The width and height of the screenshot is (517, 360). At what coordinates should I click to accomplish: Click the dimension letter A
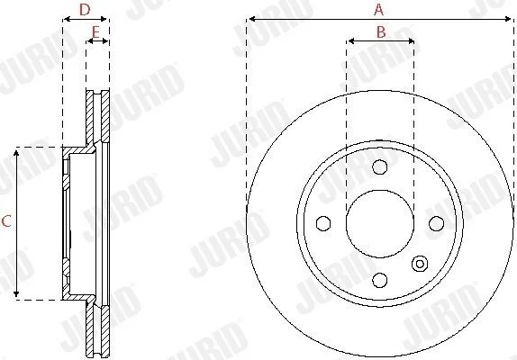click(x=379, y=10)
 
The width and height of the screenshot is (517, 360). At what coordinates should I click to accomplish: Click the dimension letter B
click(x=381, y=32)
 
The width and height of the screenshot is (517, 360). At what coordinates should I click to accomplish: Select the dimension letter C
click(x=6, y=221)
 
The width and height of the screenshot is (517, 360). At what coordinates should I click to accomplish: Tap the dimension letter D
click(x=85, y=10)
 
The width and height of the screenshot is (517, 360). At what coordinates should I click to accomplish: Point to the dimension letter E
click(x=95, y=32)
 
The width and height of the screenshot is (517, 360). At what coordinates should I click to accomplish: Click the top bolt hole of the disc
click(x=380, y=167)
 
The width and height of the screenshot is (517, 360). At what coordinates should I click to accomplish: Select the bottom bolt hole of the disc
click(x=380, y=280)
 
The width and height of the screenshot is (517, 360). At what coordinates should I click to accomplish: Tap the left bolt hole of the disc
click(x=323, y=223)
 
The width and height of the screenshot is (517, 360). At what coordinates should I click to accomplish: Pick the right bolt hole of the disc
click(x=436, y=223)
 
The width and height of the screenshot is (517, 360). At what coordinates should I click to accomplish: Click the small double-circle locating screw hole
click(x=420, y=264)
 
